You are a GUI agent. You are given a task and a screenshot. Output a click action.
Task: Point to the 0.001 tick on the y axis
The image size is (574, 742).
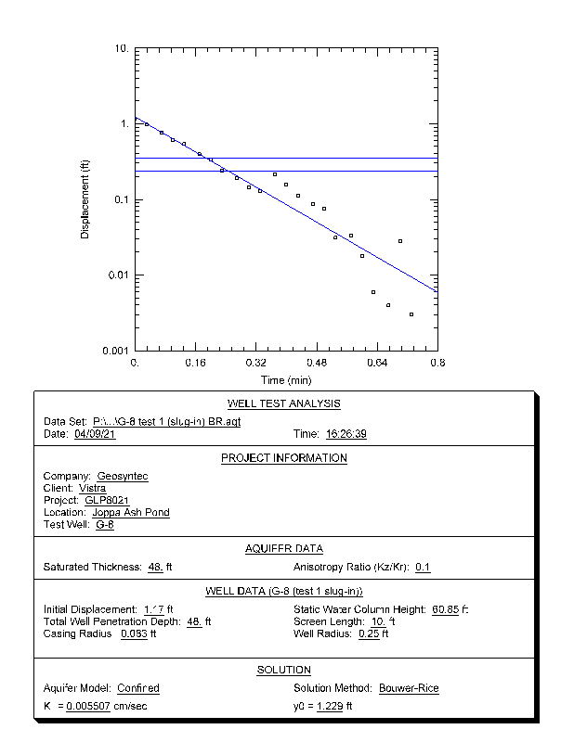click(115, 351)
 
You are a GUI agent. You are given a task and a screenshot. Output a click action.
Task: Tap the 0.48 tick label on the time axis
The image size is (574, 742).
click(317, 364)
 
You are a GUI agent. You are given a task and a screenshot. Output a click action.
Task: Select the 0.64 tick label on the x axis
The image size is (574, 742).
click(377, 364)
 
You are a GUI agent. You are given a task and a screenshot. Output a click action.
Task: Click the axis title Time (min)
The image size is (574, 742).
click(286, 380)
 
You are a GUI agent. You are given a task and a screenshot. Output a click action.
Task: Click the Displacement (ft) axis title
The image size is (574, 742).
click(85, 199)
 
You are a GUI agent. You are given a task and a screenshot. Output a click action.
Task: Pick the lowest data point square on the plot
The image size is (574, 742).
click(411, 314)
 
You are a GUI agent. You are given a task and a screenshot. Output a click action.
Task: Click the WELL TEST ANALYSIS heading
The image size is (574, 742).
click(284, 403)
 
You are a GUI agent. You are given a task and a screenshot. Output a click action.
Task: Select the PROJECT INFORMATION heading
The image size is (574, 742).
click(284, 458)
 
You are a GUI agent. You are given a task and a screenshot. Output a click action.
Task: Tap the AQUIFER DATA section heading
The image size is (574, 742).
click(284, 548)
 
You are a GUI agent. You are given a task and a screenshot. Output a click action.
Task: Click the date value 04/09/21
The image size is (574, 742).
click(93, 433)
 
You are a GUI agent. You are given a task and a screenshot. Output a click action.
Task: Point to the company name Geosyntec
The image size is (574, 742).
click(123, 476)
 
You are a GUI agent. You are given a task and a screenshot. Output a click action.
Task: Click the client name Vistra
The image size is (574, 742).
click(92, 488)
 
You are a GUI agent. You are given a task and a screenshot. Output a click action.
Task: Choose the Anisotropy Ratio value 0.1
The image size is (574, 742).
click(423, 567)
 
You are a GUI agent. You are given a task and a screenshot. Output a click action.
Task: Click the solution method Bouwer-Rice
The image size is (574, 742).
click(409, 688)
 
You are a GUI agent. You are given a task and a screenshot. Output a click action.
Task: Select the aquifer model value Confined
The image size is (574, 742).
click(138, 688)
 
